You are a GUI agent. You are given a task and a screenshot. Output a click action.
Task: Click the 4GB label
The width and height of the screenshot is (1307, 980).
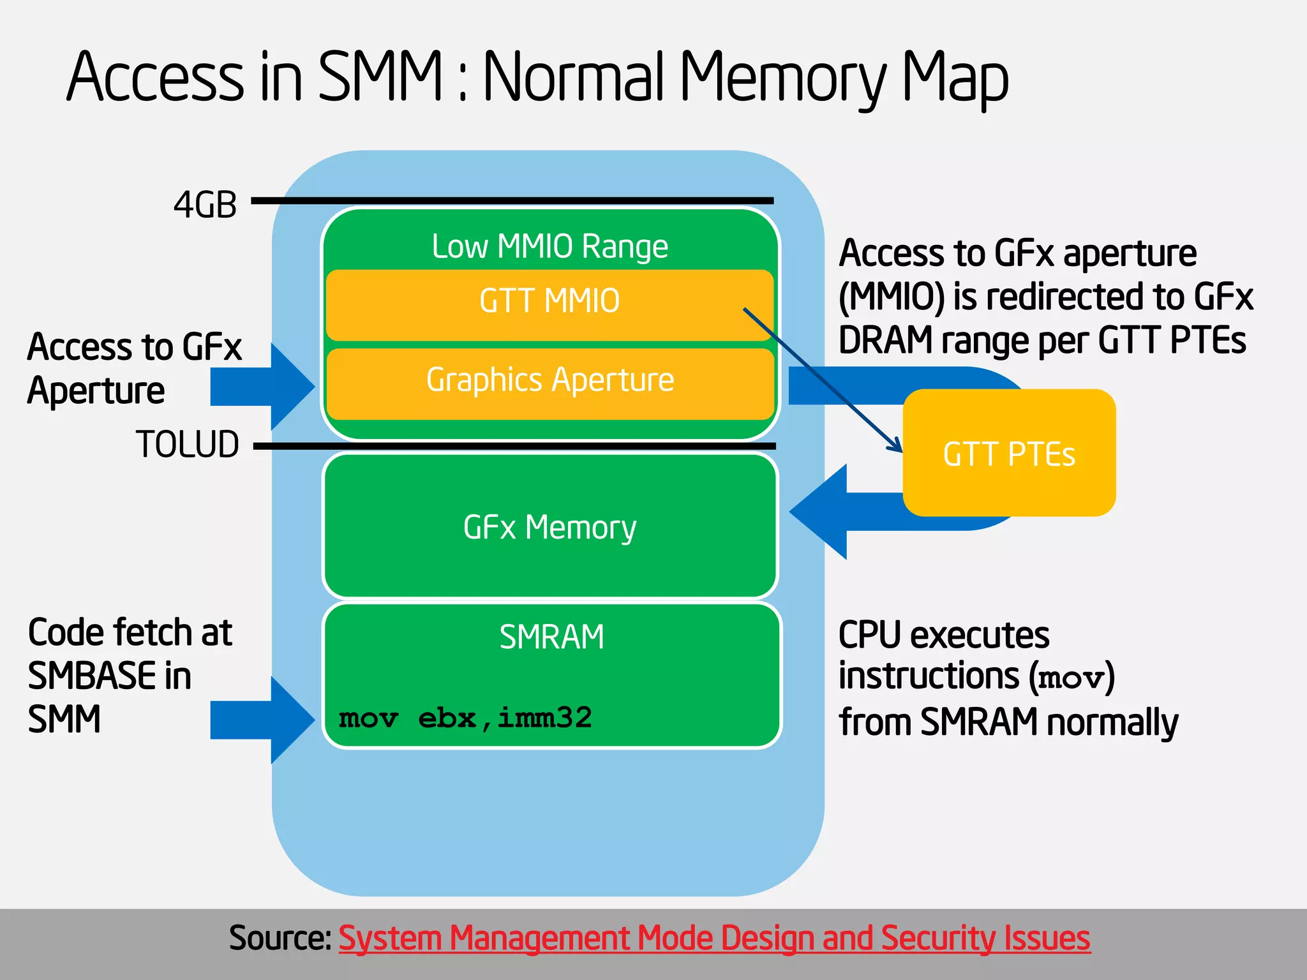click(x=205, y=205)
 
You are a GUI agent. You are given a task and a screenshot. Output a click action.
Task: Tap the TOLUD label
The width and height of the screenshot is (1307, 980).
click(x=187, y=445)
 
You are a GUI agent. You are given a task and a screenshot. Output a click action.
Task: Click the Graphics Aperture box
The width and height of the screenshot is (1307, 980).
click(x=549, y=383)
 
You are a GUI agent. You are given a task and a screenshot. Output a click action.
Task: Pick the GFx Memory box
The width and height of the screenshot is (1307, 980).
click(x=549, y=527)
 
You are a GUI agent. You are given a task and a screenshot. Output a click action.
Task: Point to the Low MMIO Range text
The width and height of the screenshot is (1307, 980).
click(x=549, y=246)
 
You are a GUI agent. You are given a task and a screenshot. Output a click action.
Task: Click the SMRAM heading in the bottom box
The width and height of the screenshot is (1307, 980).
click(x=551, y=637)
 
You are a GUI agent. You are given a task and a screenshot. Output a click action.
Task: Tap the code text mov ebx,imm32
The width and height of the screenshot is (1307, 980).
click(x=465, y=718)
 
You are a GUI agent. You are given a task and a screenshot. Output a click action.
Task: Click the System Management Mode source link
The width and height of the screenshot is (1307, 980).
click(x=713, y=938)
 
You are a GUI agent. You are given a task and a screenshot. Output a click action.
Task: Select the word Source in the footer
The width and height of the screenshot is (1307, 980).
click(x=280, y=938)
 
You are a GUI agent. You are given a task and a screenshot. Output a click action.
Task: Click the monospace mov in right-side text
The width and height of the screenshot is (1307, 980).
click(x=1071, y=678)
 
